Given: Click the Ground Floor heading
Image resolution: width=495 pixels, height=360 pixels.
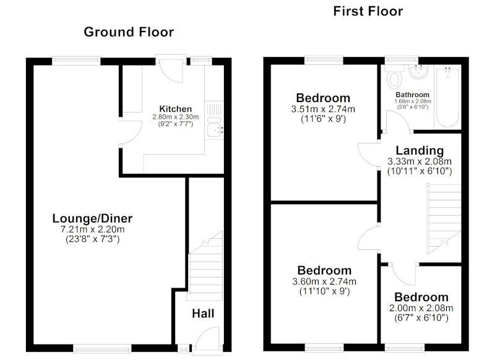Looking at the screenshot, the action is click(129, 32).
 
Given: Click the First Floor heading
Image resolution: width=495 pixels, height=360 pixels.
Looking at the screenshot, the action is click(368, 11).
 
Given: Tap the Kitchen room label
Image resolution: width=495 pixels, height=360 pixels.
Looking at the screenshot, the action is click(176, 109).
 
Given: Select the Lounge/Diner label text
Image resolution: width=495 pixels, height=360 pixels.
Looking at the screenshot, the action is click(92, 218).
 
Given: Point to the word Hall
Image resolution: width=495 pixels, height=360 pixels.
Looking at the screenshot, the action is click(203, 314).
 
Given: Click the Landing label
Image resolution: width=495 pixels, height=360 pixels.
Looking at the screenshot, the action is click(420, 151).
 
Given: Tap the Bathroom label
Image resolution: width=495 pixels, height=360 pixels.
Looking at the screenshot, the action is click(412, 95).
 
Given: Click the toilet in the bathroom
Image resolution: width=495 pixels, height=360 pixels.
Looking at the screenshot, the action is click(394, 77).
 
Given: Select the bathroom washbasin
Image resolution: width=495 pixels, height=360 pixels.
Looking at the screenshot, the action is click(419, 71).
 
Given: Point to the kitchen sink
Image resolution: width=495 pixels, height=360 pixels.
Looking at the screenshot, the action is click(215, 127).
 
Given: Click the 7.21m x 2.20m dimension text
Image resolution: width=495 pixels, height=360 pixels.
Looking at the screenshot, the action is click(92, 229).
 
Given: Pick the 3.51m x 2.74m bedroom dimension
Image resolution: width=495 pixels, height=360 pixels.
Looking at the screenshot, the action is click(323, 109).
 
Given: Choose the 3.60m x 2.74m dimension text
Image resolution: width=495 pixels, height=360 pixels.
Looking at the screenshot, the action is click(324, 281).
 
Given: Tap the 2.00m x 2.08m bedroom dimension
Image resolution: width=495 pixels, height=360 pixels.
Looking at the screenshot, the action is click(421, 308).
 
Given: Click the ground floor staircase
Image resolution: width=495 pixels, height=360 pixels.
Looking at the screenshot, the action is click(205, 265).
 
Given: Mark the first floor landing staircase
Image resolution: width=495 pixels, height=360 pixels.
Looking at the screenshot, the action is click(444, 218).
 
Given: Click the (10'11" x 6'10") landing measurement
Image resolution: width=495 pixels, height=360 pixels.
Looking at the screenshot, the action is click(420, 171).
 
